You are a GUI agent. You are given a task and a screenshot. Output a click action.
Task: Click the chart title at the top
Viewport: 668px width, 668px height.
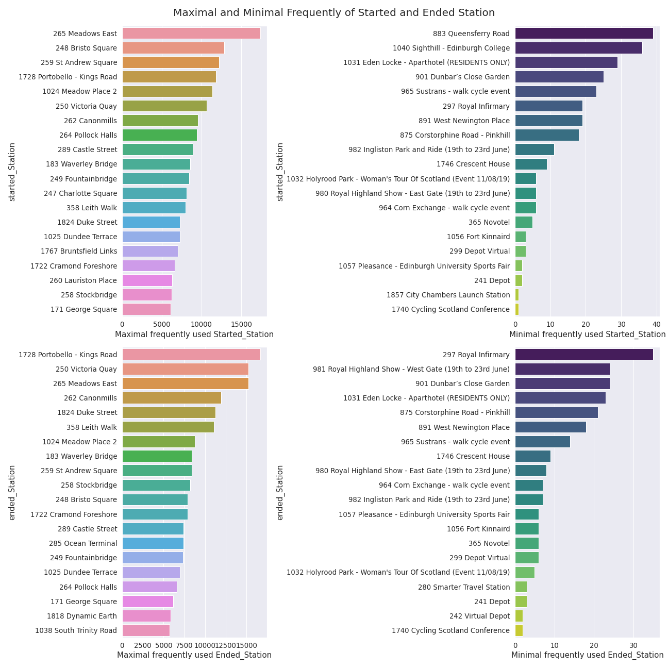[x=334, y=13]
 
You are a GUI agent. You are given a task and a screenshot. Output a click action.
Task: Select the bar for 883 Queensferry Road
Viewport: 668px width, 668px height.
[x=584, y=34]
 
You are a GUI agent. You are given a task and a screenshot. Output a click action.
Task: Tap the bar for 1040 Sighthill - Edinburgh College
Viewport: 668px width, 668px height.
[x=578, y=48]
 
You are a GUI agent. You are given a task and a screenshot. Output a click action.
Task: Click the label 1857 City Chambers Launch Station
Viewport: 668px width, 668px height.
[x=448, y=295]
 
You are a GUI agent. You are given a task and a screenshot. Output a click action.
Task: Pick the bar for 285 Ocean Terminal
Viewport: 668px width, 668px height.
[x=153, y=543]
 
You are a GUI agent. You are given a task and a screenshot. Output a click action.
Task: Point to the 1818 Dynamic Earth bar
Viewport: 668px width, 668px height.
[x=146, y=616]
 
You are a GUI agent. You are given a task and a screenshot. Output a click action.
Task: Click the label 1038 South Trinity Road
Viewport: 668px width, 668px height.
[x=76, y=630]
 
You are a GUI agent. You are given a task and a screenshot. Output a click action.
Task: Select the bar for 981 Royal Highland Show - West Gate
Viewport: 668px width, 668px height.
[x=562, y=369]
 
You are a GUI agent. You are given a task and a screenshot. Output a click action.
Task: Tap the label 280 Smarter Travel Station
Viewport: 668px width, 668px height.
[x=464, y=587]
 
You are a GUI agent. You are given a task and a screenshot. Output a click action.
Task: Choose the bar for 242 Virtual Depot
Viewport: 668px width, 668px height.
[x=519, y=616]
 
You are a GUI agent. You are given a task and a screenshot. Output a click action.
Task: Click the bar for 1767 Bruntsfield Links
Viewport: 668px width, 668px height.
[x=150, y=251]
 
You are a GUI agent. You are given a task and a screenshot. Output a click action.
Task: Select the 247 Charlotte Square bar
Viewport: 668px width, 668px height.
[x=154, y=193]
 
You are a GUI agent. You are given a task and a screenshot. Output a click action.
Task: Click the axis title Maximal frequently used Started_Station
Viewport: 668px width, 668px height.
[x=194, y=335]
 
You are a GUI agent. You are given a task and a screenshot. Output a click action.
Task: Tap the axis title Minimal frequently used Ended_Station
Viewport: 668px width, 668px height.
[x=587, y=655]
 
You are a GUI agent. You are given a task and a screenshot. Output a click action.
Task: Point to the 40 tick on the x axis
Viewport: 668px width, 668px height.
[x=656, y=324]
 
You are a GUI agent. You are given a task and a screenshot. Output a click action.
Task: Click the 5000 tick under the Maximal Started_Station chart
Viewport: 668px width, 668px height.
[x=162, y=324]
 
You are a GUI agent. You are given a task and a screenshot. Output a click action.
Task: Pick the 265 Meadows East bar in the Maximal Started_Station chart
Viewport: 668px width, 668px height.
[x=191, y=34]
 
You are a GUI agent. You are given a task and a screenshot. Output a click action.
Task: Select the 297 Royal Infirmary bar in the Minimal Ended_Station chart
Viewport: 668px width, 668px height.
[x=584, y=355]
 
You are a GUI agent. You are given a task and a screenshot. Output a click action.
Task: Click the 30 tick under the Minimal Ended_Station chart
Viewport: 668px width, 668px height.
[x=633, y=645]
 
